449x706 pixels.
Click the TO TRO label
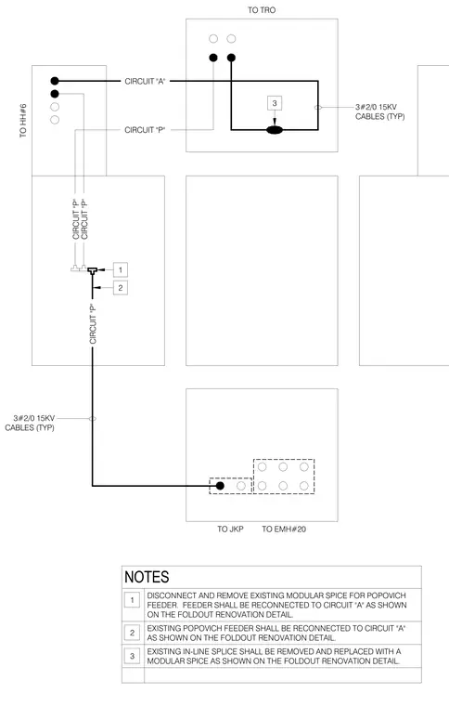point(262,10)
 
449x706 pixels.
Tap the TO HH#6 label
point(23,121)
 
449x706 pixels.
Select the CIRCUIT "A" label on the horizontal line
point(145,81)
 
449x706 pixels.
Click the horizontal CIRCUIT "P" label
point(145,130)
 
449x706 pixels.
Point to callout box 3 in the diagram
point(275,103)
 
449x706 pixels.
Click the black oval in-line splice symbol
point(275,130)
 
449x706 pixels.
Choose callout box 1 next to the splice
point(120,269)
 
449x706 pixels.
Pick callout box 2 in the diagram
point(120,288)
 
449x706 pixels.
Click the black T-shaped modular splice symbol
point(93,271)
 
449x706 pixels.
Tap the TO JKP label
point(230,529)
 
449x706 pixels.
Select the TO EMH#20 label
point(284,529)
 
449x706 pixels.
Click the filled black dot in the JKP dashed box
point(220,486)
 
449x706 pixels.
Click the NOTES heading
point(147,577)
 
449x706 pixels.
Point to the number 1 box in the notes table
point(132,600)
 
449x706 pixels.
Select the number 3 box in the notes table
point(132,656)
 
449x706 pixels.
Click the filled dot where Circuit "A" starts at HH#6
point(55,81)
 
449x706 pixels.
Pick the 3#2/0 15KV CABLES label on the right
point(379,111)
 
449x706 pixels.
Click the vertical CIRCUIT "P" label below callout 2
point(93,324)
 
